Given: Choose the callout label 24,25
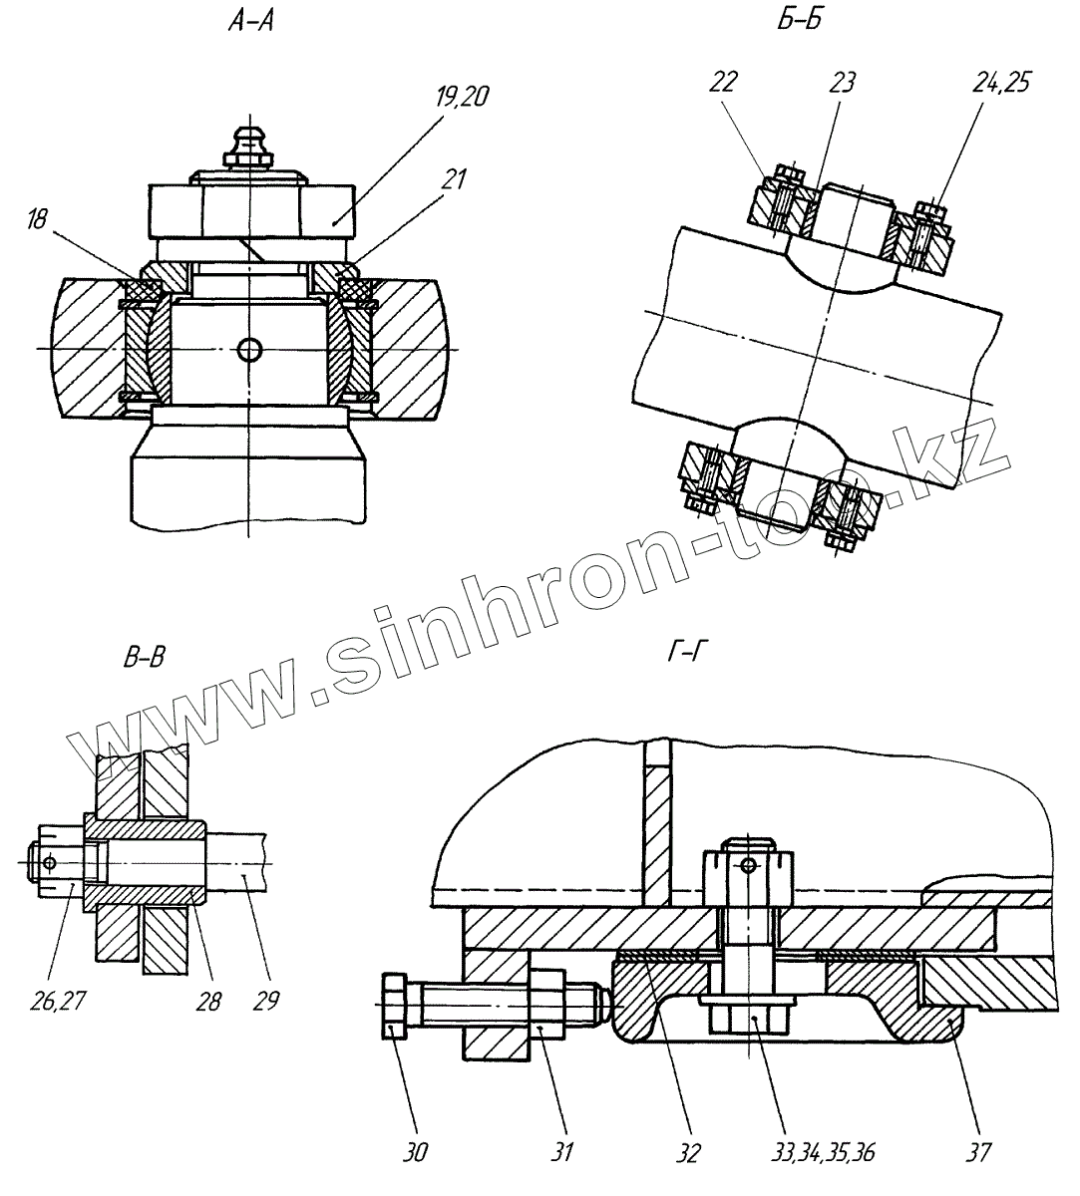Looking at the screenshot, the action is coord(997,84).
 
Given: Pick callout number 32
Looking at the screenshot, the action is coord(687,1153).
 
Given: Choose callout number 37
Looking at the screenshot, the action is coord(978,1153).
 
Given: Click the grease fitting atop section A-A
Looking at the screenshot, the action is coord(244,144).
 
